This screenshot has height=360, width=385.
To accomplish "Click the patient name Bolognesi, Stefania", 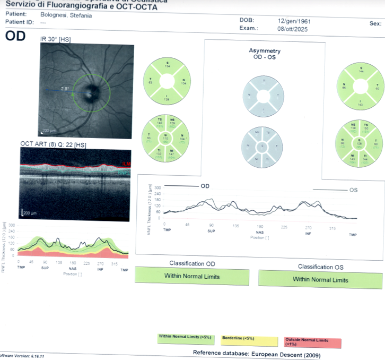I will tap(69, 15).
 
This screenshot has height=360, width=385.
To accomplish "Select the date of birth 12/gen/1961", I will tap(294, 21).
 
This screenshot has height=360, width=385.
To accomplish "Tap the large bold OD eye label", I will tap(15, 37).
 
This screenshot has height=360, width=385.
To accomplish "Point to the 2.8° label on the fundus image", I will tap(65, 88).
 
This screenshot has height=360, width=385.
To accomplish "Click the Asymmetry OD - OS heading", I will tap(265, 54).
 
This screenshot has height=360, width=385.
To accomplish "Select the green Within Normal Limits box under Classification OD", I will tap(192, 276).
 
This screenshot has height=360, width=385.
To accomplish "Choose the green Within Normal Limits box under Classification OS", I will tap(320, 279).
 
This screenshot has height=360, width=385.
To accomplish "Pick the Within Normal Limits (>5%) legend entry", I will tap(184, 336).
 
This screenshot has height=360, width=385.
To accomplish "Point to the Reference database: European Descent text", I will tap(256, 353).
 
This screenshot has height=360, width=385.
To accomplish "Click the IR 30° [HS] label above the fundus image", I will tap(55, 39).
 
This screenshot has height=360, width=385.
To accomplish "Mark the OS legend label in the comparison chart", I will tap(354, 190).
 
